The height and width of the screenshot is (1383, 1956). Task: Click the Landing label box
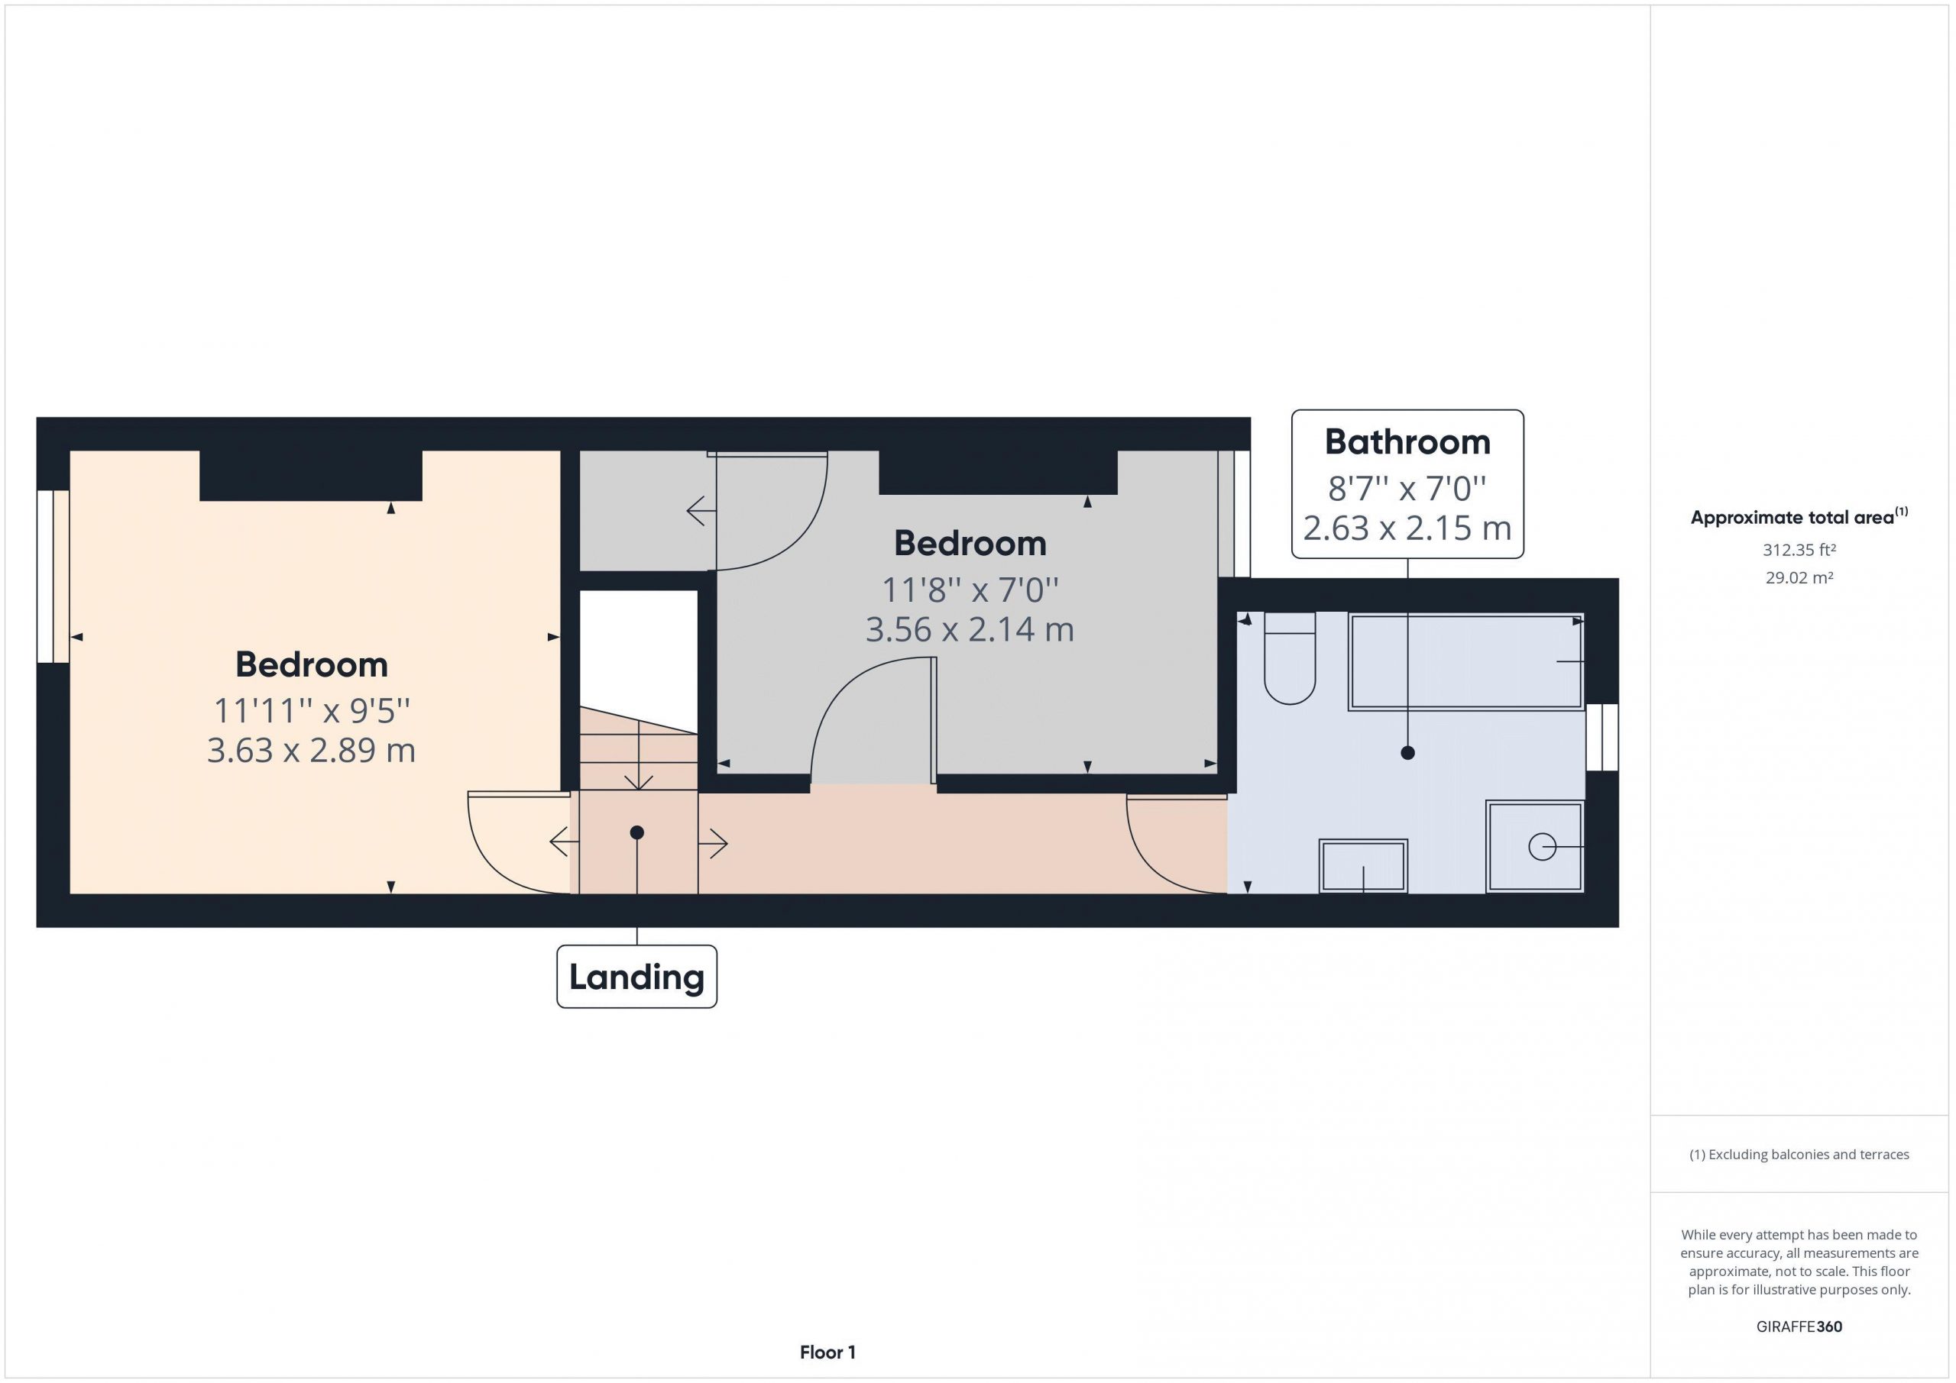click(x=636, y=976)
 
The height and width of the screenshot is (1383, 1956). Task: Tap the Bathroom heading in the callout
click(x=1407, y=442)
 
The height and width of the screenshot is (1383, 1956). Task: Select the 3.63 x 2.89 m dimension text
click(x=311, y=750)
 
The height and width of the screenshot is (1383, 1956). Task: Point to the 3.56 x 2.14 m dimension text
click(x=970, y=629)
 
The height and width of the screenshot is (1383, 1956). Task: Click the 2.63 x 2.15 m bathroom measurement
click(x=1407, y=528)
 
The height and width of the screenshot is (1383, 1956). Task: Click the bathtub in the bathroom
click(x=1465, y=661)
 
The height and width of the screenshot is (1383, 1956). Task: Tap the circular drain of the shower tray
click(x=1542, y=848)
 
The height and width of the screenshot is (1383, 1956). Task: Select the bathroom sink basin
click(x=1363, y=866)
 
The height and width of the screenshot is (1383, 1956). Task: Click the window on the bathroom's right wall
click(x=1601, y=738)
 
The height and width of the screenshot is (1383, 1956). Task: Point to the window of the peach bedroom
click(x=53, y=577)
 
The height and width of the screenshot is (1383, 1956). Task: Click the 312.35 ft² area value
click(x=1799, y=550)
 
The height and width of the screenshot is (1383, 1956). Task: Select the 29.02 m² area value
click(x=1799, y=577)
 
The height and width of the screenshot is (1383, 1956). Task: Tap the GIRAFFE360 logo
click(x=1799, y=1326)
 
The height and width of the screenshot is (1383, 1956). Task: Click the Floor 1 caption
click(x=827, y=1352)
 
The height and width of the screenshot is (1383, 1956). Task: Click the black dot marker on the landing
click(x=636, y=832)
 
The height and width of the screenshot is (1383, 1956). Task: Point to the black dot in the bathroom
click(x=1407, y=753)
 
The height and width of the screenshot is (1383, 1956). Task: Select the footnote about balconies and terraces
click(x=1799, y=1154)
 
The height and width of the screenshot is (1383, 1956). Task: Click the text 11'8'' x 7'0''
click(x=970, y=590)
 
